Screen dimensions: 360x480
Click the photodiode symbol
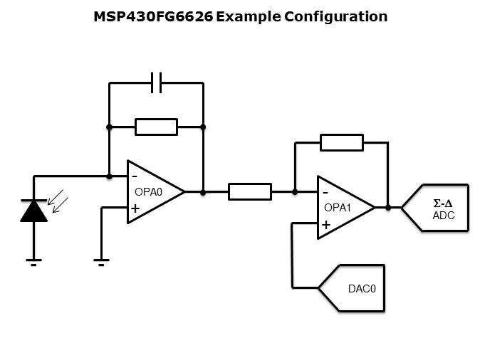(x=33, y=211)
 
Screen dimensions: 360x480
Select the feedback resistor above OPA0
(x=156, y=127)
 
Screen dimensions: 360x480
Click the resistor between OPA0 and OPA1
(x=249, y=191)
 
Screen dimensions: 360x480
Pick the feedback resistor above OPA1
(x=341, y=142)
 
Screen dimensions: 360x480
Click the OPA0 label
(x=149, y=191)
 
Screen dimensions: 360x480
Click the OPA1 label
(x=338, y=208)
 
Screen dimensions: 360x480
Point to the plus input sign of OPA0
(x=134, y=208)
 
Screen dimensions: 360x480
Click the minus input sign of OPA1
(x=325, y=192)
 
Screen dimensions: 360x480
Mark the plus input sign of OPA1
(x=325, y=225)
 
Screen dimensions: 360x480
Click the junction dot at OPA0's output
(x=203, y=191)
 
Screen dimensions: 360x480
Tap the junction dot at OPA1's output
(x=388, y=208)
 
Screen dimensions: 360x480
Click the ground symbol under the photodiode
(x=33, y=261)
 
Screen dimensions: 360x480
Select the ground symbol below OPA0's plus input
(x=101, y=261)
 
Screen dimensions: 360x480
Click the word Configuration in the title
(x=336, y=16)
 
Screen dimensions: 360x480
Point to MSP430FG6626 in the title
(x=152, y=16)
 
